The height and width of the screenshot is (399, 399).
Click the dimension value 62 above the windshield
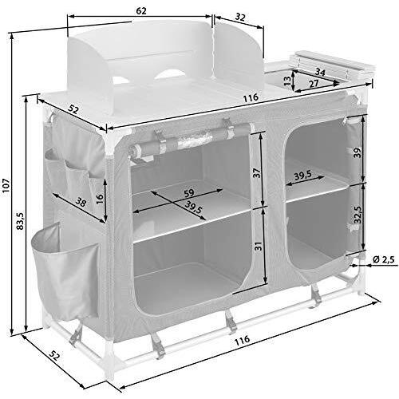(140, 10)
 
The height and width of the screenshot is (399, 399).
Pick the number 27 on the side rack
(314, 82)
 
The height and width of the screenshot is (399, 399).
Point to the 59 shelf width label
(189, 192)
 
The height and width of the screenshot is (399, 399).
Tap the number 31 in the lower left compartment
(258, 247)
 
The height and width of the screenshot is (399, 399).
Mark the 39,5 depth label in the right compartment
(302, 176)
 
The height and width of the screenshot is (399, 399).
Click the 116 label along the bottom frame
(243, 339)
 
